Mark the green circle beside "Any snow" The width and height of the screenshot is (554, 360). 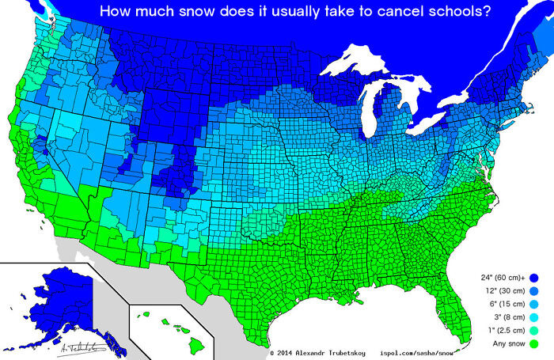[535, 344]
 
